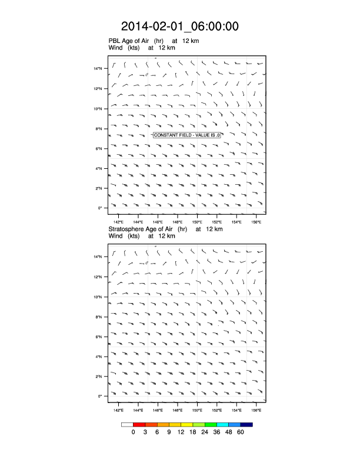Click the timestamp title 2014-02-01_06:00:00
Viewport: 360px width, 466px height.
point(180,26)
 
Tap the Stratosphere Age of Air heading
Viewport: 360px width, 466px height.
point(148,229)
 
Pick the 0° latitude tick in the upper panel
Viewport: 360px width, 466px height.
point(101,208)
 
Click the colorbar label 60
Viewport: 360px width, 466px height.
point(240,432)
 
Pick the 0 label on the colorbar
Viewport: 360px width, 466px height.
point(134,432)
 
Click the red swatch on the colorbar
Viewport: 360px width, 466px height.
point(139,424)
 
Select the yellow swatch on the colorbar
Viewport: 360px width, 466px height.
point(186,424)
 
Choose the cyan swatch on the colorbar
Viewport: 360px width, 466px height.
point(222,424)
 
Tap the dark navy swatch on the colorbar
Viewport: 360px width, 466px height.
point(246,424)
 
